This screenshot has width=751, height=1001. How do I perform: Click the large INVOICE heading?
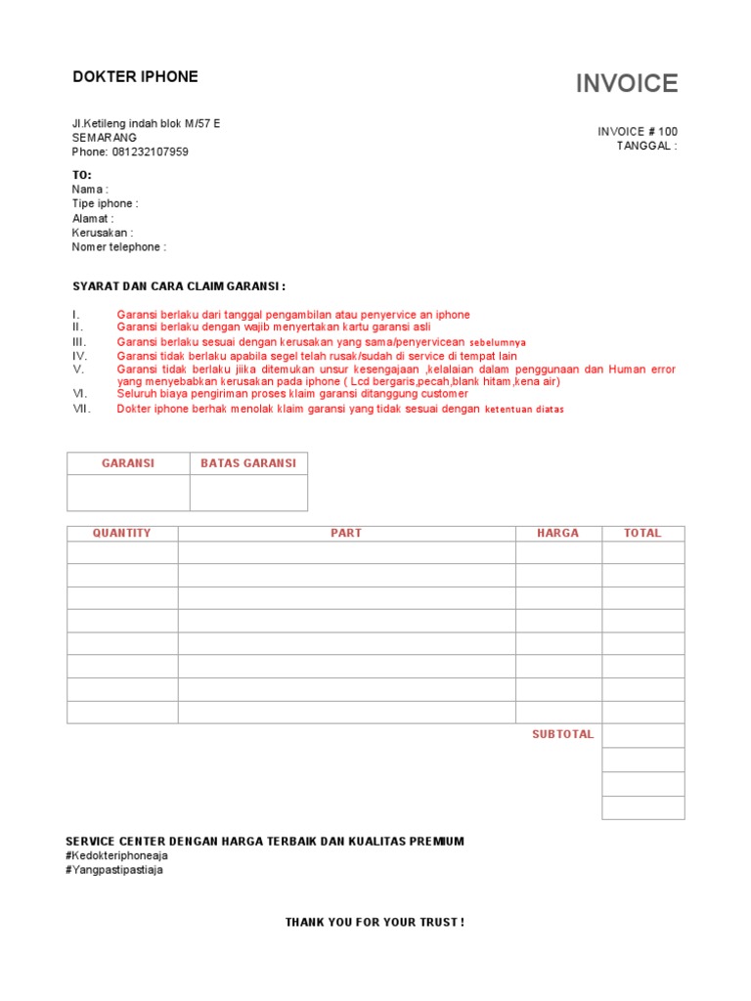(x=626, y=84)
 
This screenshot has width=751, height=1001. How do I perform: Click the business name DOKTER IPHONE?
(x=135, y=76)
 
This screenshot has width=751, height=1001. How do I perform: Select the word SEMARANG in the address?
(x=105, y=138)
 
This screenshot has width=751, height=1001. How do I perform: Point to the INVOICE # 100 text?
(x=638, y=131)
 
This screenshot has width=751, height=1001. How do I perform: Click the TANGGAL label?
(x=646, y=146)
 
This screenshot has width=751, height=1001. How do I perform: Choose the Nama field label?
(x=90, y=189)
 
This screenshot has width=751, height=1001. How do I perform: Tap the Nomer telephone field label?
(x=118, y=247)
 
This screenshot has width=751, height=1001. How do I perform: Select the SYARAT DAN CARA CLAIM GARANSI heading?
(x=179, y=286)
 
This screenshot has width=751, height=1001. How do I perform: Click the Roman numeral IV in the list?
(x=80, y=357)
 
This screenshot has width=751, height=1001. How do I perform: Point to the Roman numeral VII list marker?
(x=81, y=409)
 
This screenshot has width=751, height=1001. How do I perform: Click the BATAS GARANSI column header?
(x=248, y=463)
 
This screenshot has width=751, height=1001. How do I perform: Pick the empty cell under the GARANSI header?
(x=128, y=493)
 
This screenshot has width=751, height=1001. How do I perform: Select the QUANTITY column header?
(x=122, y=533)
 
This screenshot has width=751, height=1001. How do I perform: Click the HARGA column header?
(x=557, y=533)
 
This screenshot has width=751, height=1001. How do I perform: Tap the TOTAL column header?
(x=642, y=533)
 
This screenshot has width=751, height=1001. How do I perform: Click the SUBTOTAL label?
(x=562, y=734)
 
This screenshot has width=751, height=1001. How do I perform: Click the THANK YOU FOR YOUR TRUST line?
(x=375, y=922)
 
